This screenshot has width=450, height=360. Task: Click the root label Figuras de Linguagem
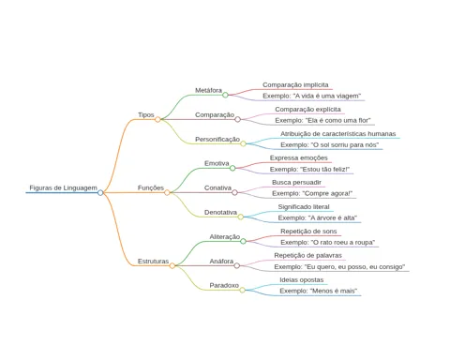(63, 187)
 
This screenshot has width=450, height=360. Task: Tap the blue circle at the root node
(100, 192)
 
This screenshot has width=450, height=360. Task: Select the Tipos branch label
(146, 114)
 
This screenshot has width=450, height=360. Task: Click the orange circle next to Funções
(167, 192)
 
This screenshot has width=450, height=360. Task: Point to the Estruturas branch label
(153, 261)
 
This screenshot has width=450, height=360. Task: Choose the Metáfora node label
(208, 90)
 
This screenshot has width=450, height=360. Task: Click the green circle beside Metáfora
(225, 95)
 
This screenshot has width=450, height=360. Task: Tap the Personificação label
(217, 139)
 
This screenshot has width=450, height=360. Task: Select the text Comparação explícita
(307, 110)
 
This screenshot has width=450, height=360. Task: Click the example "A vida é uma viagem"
(311, 96)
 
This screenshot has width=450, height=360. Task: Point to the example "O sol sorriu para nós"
(329, 144)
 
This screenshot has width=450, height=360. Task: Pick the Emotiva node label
(217, 163)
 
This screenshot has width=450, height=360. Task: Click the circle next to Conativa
(234, 192)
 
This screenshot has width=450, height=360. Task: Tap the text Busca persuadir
(296, 182)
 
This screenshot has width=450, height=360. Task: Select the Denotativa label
(220, 212)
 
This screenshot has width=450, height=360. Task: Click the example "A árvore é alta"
(318, 217)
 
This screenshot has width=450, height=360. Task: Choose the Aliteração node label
(225, 236)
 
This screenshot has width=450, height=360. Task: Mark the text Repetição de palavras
(307, 255)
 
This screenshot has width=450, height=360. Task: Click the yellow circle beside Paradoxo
(242, 290)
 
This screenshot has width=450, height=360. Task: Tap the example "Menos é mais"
(318, 291)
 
